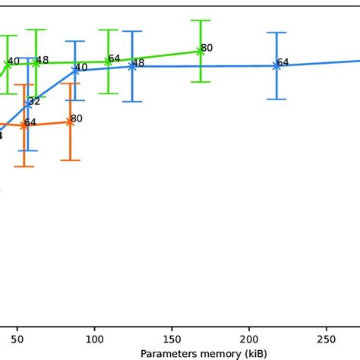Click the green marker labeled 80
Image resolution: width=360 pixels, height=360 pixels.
(201, 51)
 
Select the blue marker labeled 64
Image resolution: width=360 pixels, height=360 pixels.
(276, 66)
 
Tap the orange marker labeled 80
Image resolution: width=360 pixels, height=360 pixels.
(70, 122)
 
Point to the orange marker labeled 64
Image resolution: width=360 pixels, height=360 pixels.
(24, 125)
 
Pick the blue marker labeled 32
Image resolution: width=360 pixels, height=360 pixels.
(28, 104)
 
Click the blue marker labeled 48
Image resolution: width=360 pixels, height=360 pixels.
(132, 66)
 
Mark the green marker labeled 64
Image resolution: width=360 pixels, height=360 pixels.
(109, 62)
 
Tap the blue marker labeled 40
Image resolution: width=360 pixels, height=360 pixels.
(75, 70)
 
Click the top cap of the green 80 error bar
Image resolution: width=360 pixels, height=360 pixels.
(201, 21)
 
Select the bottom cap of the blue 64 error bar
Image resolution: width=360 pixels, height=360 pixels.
(276, 99)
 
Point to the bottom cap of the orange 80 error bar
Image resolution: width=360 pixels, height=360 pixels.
(70, 159)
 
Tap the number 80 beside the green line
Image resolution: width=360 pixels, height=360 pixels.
(207, 48)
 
